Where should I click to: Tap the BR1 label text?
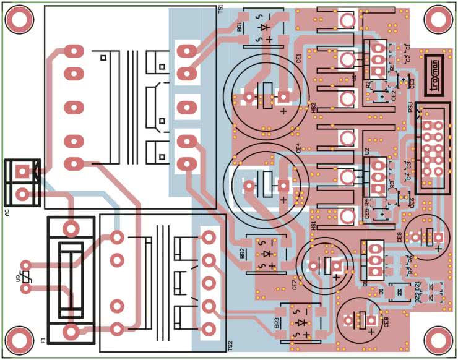[240, 26]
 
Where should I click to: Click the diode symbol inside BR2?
[267, 254]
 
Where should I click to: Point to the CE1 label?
[299, 59]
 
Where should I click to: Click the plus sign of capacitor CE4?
[283, 200]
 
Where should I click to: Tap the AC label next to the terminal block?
[7, 213]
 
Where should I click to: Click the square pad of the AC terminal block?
[23, 170]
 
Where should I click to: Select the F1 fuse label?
[43, 340]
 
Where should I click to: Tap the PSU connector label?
[410, 107]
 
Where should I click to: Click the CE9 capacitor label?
[400, 236]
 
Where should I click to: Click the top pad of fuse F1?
[71, 228]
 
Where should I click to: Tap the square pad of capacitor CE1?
[283, 96]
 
